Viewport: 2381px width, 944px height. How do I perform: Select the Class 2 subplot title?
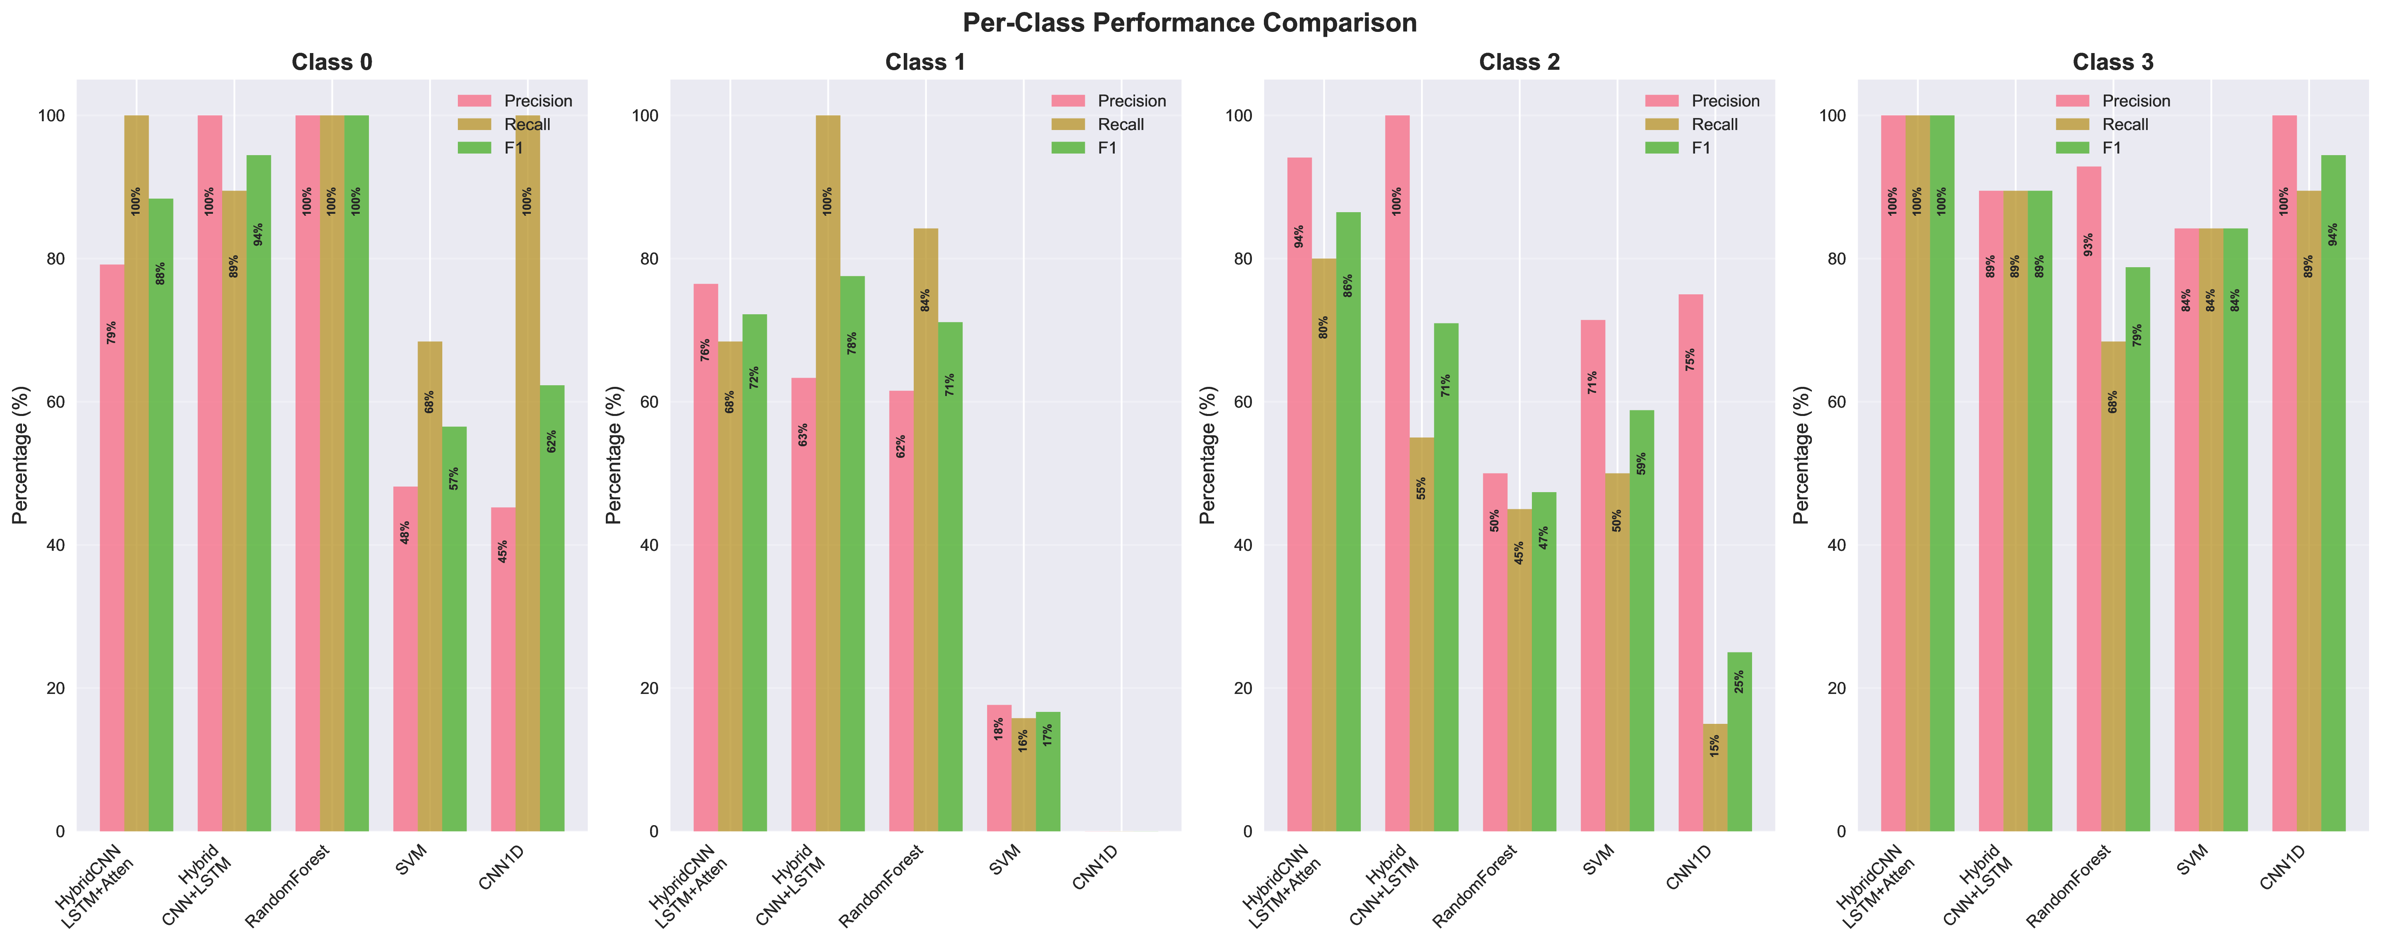click(x=1519, y=62)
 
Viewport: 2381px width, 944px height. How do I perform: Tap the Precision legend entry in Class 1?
click(x=1131, y=101)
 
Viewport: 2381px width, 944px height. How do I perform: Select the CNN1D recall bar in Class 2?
click(x=1715, y=776)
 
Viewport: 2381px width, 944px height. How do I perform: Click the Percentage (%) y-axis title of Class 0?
click(x=20, y=455)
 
